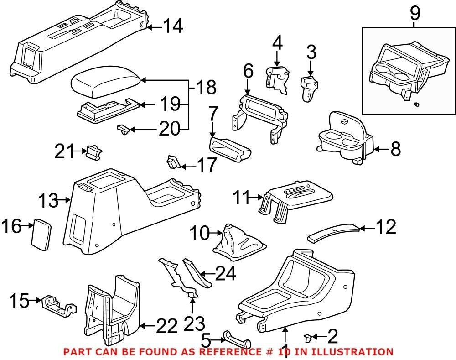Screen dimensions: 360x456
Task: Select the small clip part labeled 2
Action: click(309, 338)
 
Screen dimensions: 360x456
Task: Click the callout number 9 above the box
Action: click(415, 14)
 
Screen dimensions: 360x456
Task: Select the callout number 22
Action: click(166, 326)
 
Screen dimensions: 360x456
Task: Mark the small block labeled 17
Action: click(173, 162)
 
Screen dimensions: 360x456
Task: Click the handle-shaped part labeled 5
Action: click(237, 339)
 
